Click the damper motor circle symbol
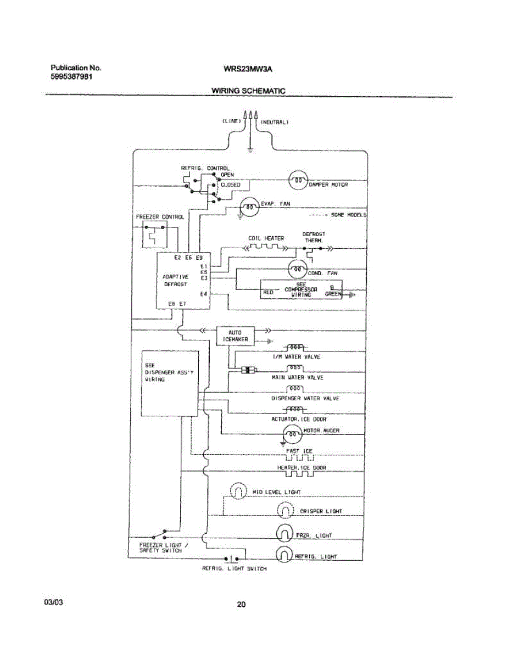297,180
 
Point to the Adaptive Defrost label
176,281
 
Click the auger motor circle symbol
292,433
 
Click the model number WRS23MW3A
248,69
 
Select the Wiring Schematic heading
248,91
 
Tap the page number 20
241,605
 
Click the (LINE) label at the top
232,121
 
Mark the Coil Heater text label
266,238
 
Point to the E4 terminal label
203,294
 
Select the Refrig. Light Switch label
235,569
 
